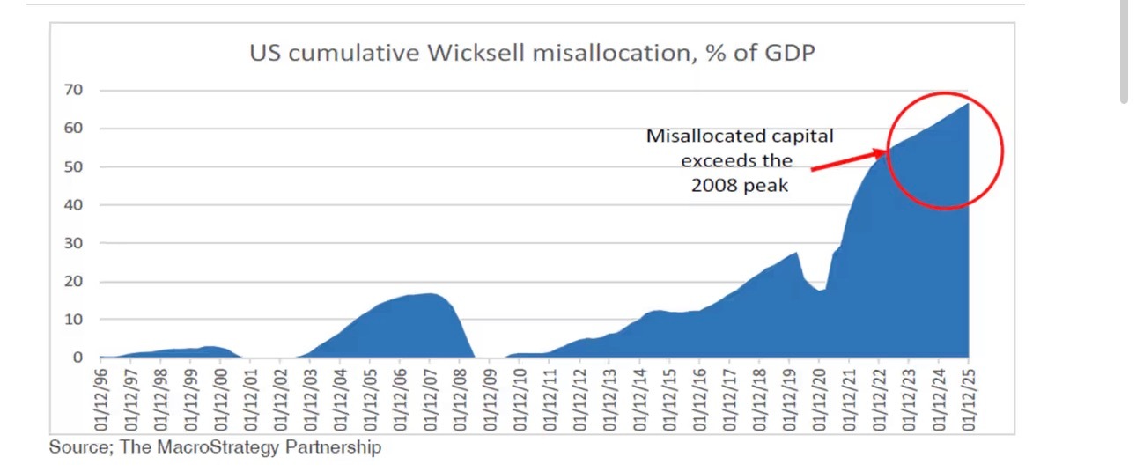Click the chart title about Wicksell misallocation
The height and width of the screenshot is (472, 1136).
(532, 54)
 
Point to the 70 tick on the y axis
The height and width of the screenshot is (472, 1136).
(80, 90)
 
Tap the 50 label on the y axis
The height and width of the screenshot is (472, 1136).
(80, 166)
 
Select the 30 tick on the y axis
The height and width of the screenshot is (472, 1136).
(80, 243)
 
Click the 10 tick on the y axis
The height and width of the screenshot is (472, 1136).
(80, 320)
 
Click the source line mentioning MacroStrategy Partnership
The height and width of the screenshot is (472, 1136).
(215, 447)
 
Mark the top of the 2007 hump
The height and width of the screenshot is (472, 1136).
(429, 294)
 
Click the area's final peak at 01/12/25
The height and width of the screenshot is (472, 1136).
(968, 104)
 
